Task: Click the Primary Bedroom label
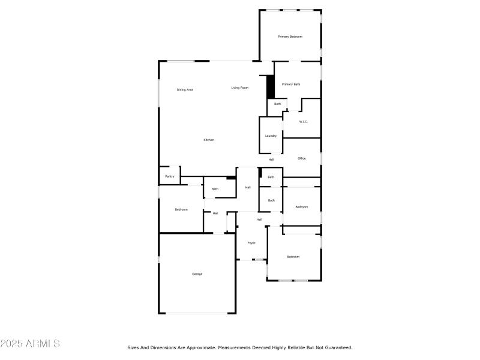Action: pos(290,37)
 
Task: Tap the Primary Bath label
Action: pos(291,85)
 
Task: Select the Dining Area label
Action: pos(185,90)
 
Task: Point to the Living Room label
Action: pos(240,88)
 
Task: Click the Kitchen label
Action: pos(209,140)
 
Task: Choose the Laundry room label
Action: pos(271,136)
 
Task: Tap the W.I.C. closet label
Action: pos(303,122)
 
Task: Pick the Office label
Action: pos(302,158)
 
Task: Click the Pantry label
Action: pos(170,176)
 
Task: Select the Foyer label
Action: pos(251,243)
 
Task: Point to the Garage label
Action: pos(197,274)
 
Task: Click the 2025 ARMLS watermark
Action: pos(30,344)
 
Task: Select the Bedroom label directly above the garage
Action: pos(181,209)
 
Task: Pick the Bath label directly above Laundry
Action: pos(277,104)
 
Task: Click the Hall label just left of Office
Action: pos(271,160)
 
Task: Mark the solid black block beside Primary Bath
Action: pos(271,88)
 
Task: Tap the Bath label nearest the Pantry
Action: pos(215,189)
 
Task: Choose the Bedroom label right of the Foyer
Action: pos(293,257)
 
